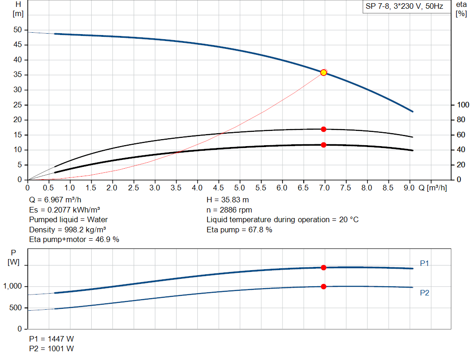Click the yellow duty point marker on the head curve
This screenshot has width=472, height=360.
tap(324, 72)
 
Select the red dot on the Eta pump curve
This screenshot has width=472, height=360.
tap(324, 129)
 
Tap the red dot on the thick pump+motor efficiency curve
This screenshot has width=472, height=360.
tap(324, 145)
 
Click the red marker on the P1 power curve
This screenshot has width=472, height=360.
tap(324, 267)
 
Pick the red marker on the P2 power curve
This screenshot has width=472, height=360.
tap(324, 286)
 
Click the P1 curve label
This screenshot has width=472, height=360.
tap(425, 263)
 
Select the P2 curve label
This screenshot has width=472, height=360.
tap(425, 293)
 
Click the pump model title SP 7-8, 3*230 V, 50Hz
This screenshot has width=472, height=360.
tap(404, 7)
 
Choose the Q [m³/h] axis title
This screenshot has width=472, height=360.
tap(433, 188)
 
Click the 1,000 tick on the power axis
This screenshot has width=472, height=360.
tap(12, 286)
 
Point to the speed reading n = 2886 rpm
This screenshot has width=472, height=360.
tap(229, 210)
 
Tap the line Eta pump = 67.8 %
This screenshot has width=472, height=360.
tap(239, 230)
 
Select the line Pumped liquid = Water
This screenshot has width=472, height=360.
tap(68, 220)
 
